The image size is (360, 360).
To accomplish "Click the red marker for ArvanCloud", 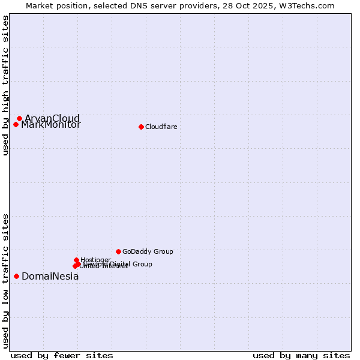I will click(19, 119).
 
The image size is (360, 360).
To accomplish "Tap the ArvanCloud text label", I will click(52, 118).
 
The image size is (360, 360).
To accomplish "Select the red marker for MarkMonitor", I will click(16, 125).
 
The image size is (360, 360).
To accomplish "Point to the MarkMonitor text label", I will click(50, 125).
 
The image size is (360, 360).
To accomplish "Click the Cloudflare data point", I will click(141, 127).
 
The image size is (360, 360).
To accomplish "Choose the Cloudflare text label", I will click(161, 127).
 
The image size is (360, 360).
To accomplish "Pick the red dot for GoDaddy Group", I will click(118, 251).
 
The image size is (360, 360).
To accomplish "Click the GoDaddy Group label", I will click(148, 252).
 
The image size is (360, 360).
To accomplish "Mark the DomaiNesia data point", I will click(16, 276).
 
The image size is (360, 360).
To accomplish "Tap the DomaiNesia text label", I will click(50, 277).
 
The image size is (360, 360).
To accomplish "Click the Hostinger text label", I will click(95, 260).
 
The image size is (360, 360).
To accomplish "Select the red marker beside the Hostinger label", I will click(76, 260).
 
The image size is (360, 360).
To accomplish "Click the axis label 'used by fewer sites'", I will click(62, 355).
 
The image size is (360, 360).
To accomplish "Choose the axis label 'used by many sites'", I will click(301, 355).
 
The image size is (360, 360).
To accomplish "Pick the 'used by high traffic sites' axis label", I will click(5, 85).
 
